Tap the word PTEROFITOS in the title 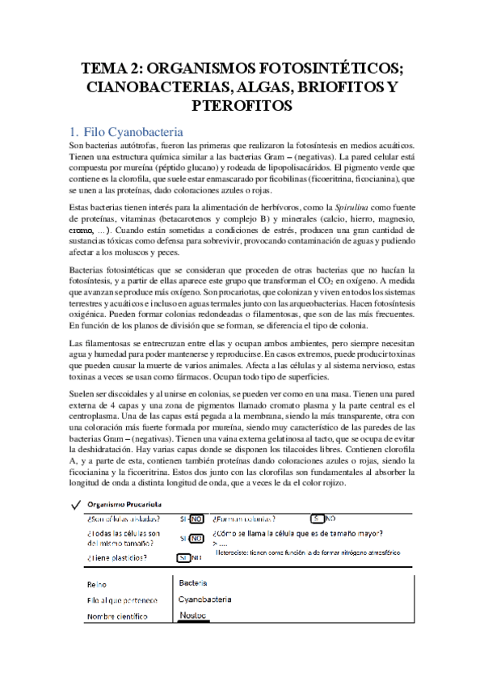(242, 106)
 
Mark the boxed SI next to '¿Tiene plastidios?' (183, 557)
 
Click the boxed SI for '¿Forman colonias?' (318, 519)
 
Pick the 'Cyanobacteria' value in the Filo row (204, 599)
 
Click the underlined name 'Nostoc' (193, 616)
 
